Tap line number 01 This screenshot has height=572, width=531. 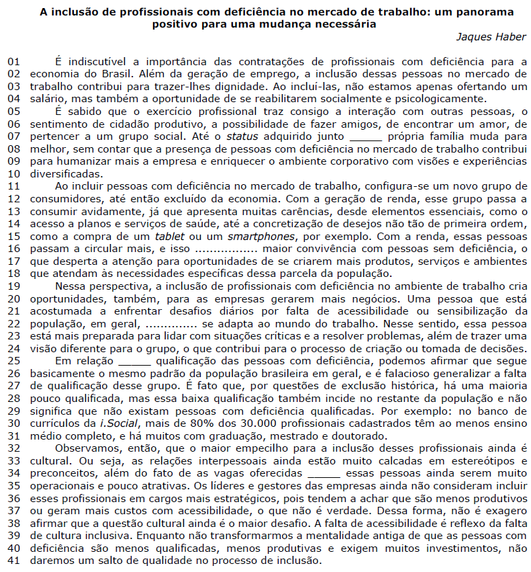point(14,63)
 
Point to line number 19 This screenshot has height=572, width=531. point(14,286)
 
